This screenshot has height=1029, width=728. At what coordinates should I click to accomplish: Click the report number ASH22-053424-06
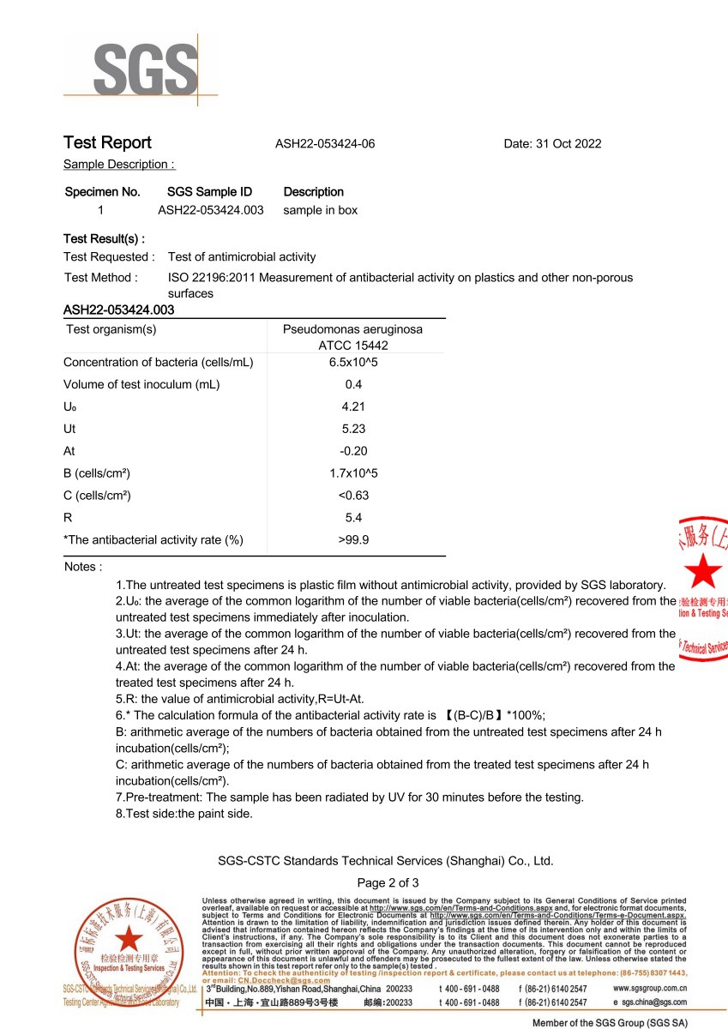tap(325, 144)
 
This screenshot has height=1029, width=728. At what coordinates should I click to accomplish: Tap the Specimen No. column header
tap(102, 192)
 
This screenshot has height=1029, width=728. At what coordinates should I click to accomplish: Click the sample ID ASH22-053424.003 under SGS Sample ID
tap(211, 210)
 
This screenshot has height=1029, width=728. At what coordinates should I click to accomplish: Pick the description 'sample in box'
tap(321, 210)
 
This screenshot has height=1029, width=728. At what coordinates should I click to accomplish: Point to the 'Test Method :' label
tap(100, 278)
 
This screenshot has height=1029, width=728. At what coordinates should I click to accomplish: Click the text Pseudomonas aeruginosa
tap(352, 329)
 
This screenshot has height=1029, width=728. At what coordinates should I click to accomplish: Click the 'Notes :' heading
tap(83, 567)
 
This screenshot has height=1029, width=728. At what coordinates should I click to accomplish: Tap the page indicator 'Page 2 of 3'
tap(388, 883)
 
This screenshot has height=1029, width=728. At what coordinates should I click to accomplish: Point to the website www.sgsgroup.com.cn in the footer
tap(651, 989)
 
